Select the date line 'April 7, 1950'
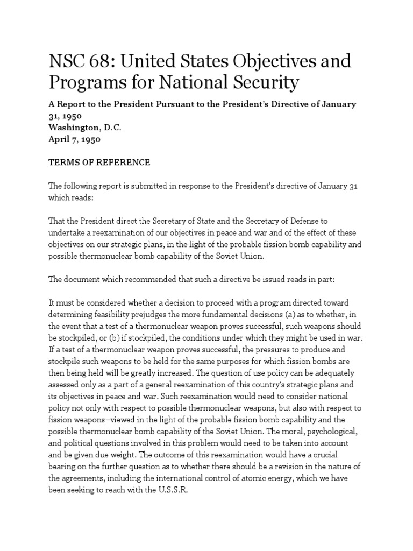pyautogui.click(x=75, y=139)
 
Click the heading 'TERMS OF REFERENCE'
pyautogui.click(x=99, y=162)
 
